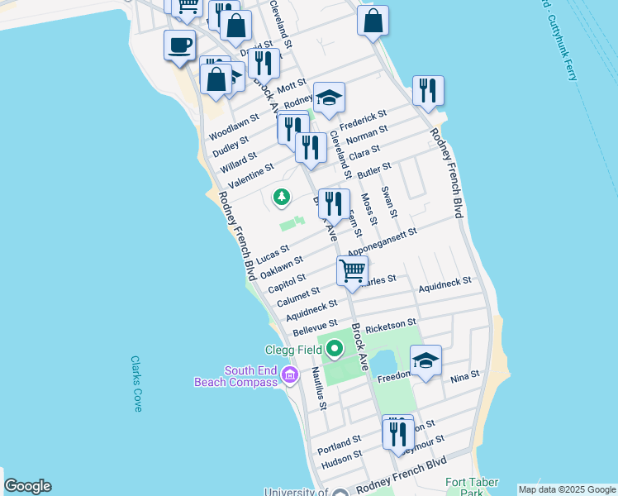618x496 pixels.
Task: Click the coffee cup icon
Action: (x=179, y=45)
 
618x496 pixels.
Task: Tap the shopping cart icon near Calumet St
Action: (x=353, y=271)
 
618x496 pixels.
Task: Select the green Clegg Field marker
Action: (x=335, y=350)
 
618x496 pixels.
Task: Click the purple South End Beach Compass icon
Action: (x=289, y=376)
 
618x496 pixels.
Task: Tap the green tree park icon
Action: (x=283, y=197)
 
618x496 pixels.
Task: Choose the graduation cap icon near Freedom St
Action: (x=425, y=360)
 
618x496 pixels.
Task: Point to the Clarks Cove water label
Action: (x=136, y=384)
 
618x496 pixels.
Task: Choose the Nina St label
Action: (x=464, y=378)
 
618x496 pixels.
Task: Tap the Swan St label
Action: (x=387, y=203)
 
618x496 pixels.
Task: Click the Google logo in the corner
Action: (x=27, y=486)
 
